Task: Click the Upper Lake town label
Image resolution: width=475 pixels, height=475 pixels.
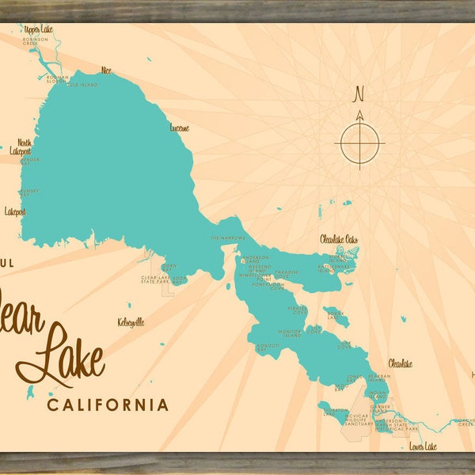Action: (x=37, y=28)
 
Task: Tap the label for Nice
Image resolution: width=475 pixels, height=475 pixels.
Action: (x=106, y=70)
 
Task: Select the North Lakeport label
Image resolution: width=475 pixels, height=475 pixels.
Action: (x=19, y=146)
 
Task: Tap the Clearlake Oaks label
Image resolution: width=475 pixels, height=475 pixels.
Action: (x=339, y=238)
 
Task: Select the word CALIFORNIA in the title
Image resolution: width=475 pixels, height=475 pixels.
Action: (x=108, y=405)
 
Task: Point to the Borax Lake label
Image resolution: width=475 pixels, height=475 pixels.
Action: (x=336, y=314)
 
